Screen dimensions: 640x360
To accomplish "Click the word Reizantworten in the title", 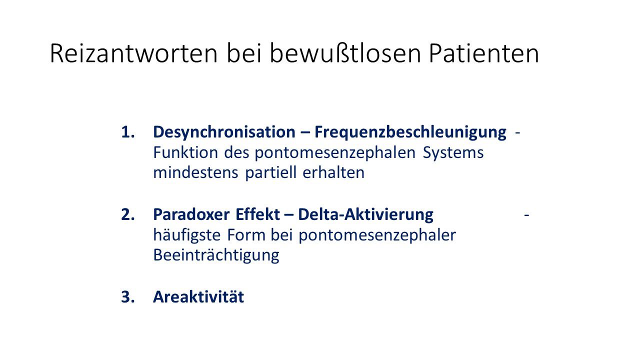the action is coord(133,53).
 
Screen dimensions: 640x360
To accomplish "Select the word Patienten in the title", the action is coord(484,53).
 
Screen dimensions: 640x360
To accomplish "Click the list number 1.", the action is coord(127,132).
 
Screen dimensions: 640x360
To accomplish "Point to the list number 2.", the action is coord(127,214).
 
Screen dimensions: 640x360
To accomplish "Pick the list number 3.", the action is coord(127,296).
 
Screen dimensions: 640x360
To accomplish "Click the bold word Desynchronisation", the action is coord(224,133).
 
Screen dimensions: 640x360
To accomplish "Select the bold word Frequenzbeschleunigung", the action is coord(410,133).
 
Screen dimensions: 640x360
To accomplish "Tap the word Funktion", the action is coord(185,152).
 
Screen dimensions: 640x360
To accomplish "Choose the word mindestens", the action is coord(195,173).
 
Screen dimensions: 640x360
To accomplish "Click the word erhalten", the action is coord(333,172).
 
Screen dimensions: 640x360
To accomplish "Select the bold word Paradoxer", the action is coord(191,215).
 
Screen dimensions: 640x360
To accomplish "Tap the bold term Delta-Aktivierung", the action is coord(365,215).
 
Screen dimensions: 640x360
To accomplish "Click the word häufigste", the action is coord(187,235).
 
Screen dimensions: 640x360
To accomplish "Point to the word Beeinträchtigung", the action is coord(216,255).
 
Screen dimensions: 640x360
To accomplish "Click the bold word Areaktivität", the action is coord(198,296).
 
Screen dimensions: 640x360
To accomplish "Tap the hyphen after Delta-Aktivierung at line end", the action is coord(526,215).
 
